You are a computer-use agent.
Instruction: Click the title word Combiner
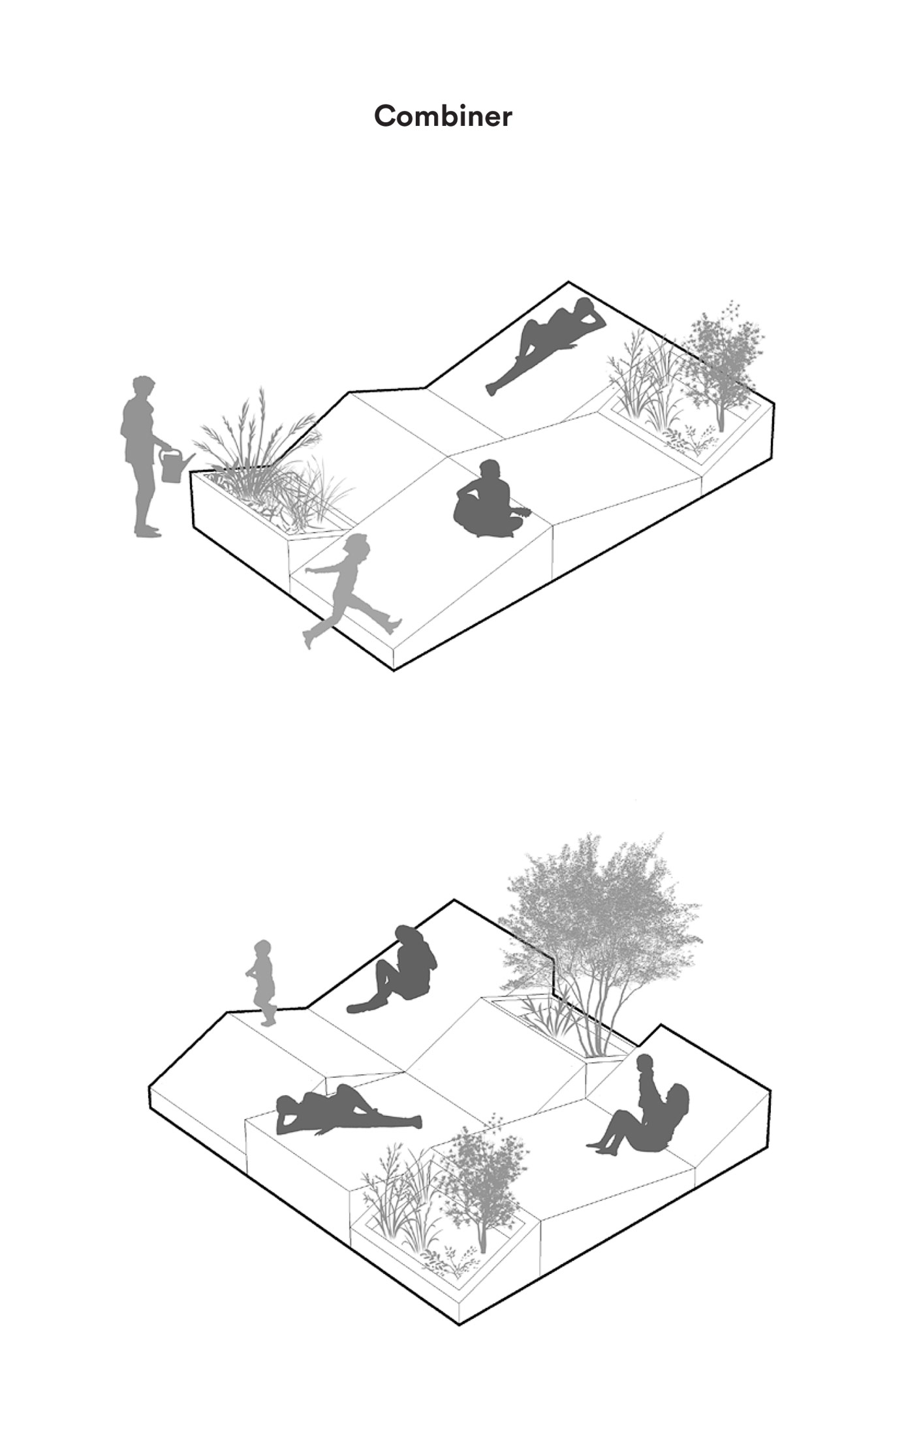pos(443,116)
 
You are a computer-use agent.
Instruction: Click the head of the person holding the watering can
pos(143,387)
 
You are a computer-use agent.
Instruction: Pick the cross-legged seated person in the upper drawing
pos(490,501)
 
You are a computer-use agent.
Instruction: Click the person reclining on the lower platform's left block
pos(348,1111)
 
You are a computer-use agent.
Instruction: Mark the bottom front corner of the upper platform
pos(394,670)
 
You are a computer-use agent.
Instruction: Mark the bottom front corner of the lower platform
pos(460,1325)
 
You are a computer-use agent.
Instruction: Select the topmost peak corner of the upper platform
pos(569,282)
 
